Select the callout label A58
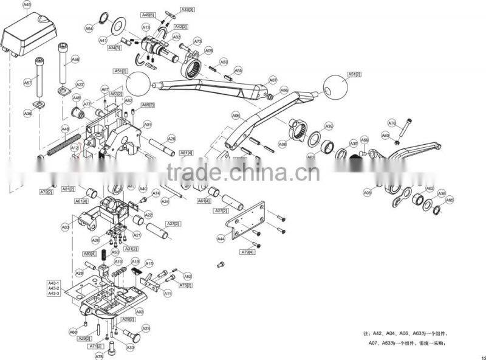tap(75, 59)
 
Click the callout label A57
tap(28, 82)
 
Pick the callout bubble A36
tap(27, 114)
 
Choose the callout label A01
tap(147, 124)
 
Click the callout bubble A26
tap(171, 139)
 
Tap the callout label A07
tap(273, 80)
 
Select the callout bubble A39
tap(329, 126)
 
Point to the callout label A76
tap(392, 123)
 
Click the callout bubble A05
tap(367, 193)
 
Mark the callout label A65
tap(450, 199)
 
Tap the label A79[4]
tap(247, 252)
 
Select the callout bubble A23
tap(146, 328)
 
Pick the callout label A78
tap(99, 356)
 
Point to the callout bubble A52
tap(188, 276)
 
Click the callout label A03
tap(65, 227)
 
